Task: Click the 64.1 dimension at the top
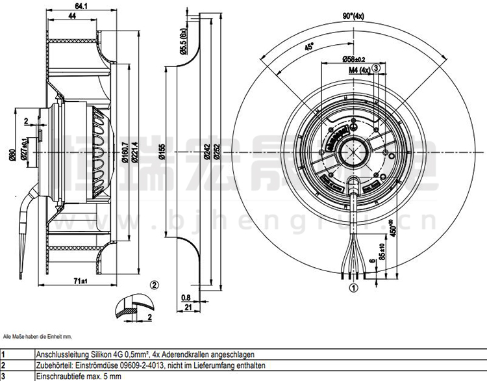pyautogui.click(x=81, y=7)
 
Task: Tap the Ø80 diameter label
pyautogui.click(x=12, y=155)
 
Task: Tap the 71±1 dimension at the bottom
pyautogui.click(x=80, y=281)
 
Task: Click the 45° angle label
pyautogui.click(x=309, y=47)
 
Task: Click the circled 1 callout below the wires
pyautogui.click(x=354, y=287)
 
